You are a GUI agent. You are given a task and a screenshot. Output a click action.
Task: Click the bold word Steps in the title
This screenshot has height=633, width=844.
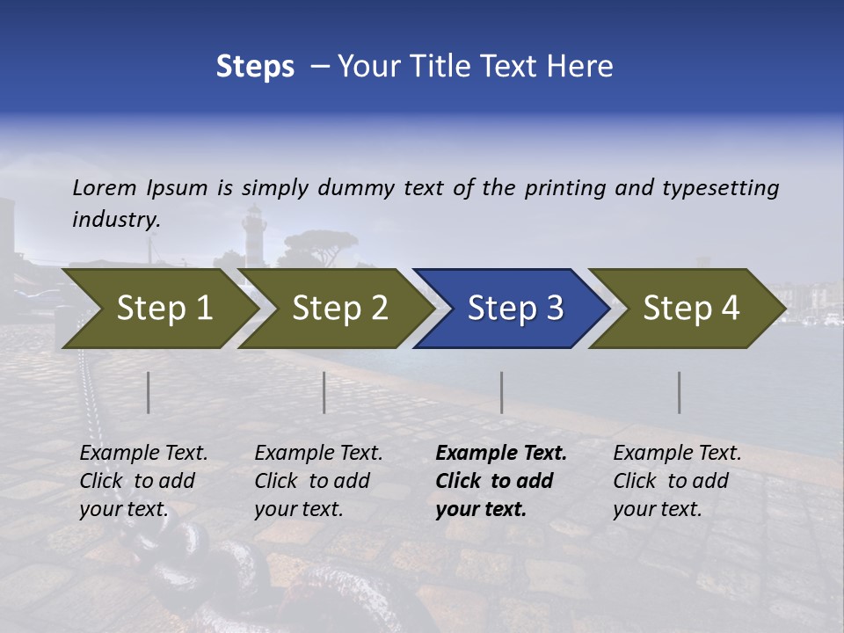[x=255, y=67]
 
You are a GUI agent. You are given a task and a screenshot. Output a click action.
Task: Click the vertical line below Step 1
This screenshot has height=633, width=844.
[x=149, y=392]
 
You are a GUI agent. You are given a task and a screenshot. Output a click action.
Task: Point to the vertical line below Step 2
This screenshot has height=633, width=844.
[x=324, y=392]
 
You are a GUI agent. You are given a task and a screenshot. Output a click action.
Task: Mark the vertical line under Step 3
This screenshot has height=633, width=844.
[x=501, y=392]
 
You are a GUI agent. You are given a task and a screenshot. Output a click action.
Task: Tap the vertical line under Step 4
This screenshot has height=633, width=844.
[x=679, y=392]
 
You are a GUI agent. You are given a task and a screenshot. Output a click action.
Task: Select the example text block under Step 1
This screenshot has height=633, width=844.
[x=143, y=481]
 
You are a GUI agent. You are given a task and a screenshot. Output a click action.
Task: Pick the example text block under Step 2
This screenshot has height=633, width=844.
[x=318, y=481]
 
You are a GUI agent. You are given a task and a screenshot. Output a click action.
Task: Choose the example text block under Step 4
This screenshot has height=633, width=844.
[x=677, y=481]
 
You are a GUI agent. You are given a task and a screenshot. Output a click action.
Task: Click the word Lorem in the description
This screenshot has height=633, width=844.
[x=105, y=188]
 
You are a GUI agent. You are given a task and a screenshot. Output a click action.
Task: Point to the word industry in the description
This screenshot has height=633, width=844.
[x=116, y=220]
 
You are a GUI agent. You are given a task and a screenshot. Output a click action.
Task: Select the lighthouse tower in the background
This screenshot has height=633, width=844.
[x=254, y=230]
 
